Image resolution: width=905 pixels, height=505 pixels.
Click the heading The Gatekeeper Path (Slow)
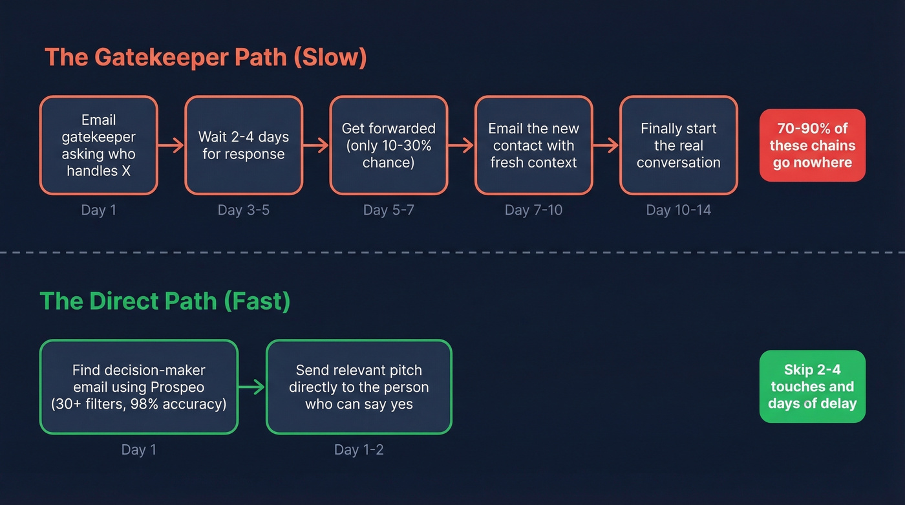coord(206,58)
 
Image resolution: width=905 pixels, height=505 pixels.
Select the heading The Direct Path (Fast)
coord(165,301)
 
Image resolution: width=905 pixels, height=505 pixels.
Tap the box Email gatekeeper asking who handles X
coord(98,145)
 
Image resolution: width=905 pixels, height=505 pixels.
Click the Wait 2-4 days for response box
coord(244,145)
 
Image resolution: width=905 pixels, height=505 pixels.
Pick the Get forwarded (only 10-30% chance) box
coord(389,145)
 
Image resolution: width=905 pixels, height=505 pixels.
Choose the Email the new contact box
coord(533,145)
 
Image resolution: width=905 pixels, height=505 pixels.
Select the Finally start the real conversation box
coord(678,145)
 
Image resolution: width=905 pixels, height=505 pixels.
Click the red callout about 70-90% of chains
coord(812,145)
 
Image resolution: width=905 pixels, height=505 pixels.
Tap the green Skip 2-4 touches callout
coord(812,387)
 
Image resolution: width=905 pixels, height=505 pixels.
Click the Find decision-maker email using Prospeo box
coord(138,387)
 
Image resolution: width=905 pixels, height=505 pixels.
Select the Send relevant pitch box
coord(359,387)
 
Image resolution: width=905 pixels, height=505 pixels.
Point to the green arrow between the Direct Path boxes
coord(252,387)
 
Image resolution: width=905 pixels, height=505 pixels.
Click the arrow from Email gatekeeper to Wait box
coord(171,146)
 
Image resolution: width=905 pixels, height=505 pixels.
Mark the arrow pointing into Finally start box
coord(606,146)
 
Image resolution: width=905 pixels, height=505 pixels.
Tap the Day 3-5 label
coord(244,210)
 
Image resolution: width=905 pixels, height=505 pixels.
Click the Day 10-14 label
coord(678,210)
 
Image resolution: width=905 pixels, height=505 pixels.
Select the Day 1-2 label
coord(359,449)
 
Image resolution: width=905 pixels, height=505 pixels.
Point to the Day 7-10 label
coord(533,210)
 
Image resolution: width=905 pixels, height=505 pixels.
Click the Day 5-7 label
coord(389,210)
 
